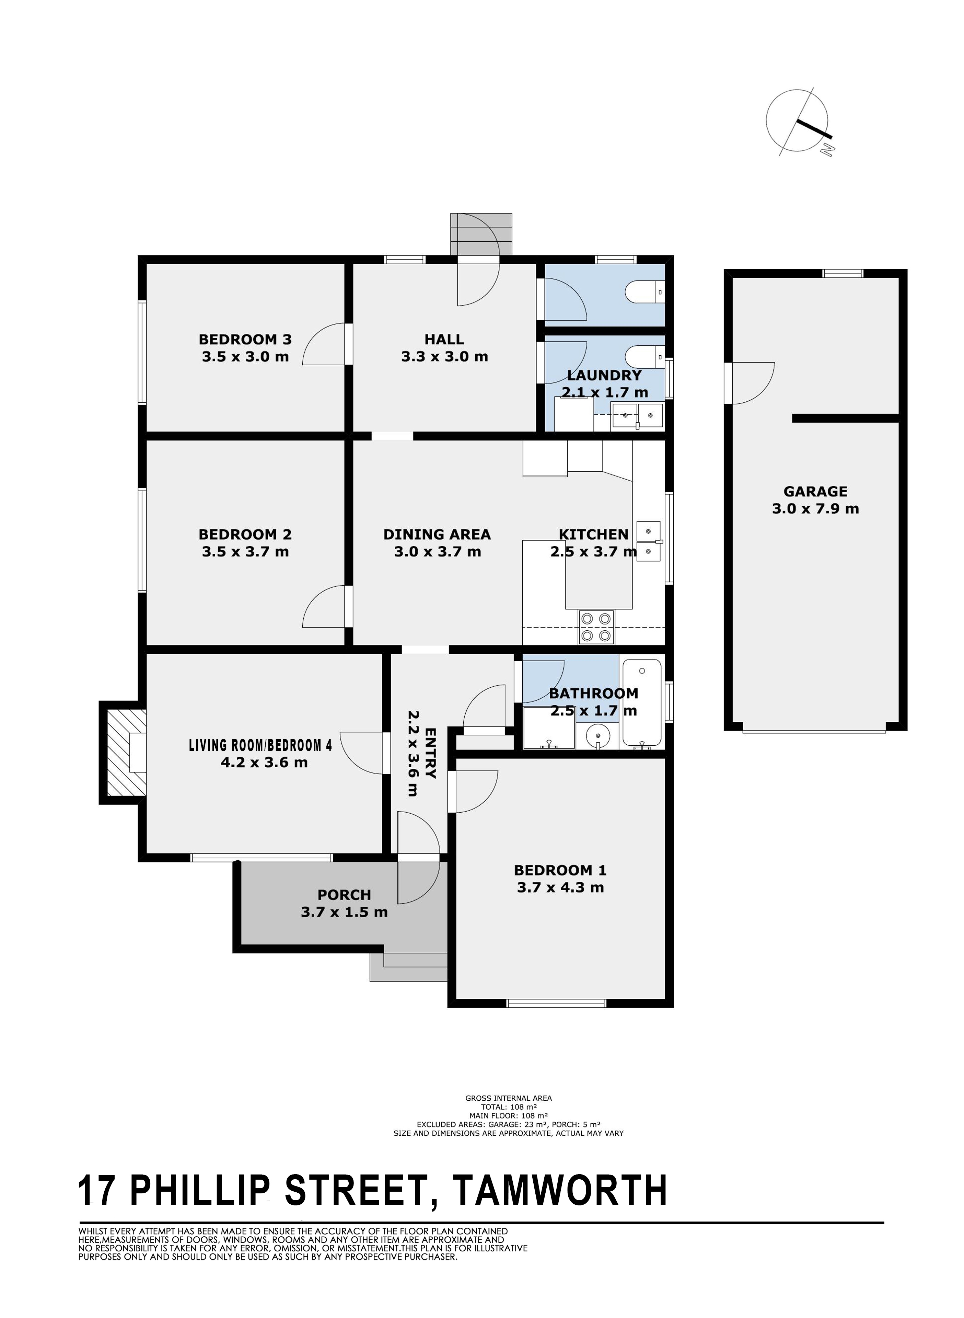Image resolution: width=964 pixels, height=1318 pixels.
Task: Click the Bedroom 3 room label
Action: (x=245, y=339)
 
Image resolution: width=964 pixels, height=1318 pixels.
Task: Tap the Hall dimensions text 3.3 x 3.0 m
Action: (x=445, y=357)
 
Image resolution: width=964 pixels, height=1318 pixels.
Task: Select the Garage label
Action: (x=815, y=492)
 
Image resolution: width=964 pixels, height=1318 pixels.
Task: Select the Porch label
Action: (x=344, y=895)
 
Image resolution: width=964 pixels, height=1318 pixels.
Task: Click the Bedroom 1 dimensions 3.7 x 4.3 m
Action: (x=560, y=888)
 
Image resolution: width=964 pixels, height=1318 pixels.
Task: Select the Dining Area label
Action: (x=437, y=534)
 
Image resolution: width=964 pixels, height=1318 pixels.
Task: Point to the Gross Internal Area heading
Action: (x=508, y=1098)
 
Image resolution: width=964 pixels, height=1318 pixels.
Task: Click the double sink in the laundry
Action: (x=637, y=416)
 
